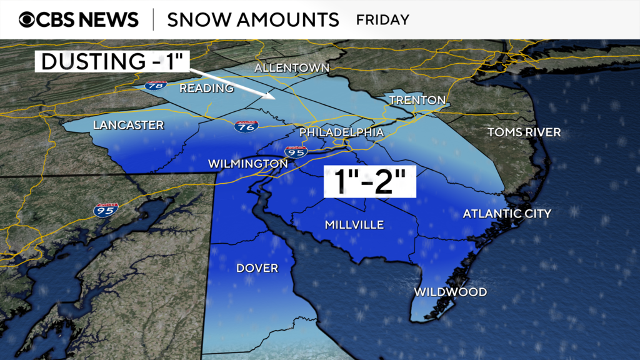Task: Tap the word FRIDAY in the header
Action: coord(382,19)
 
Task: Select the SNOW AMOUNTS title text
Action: coord(252,19)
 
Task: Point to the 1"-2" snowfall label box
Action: coord(369,182)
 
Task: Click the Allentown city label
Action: coord(291,67)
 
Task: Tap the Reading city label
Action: coord(206,88)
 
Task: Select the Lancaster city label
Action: coord(128,125)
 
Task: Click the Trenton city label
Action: coord(417,100)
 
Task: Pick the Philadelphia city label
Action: coord(341,132)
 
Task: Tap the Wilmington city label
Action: coord(247,164)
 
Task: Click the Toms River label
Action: coord(524,132)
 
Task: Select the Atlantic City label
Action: coord(507,214)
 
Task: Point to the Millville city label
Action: coord(354,225)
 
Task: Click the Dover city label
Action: coord(257,268)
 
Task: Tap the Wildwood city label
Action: coord(450,292)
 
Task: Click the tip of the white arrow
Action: coord(274,97)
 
